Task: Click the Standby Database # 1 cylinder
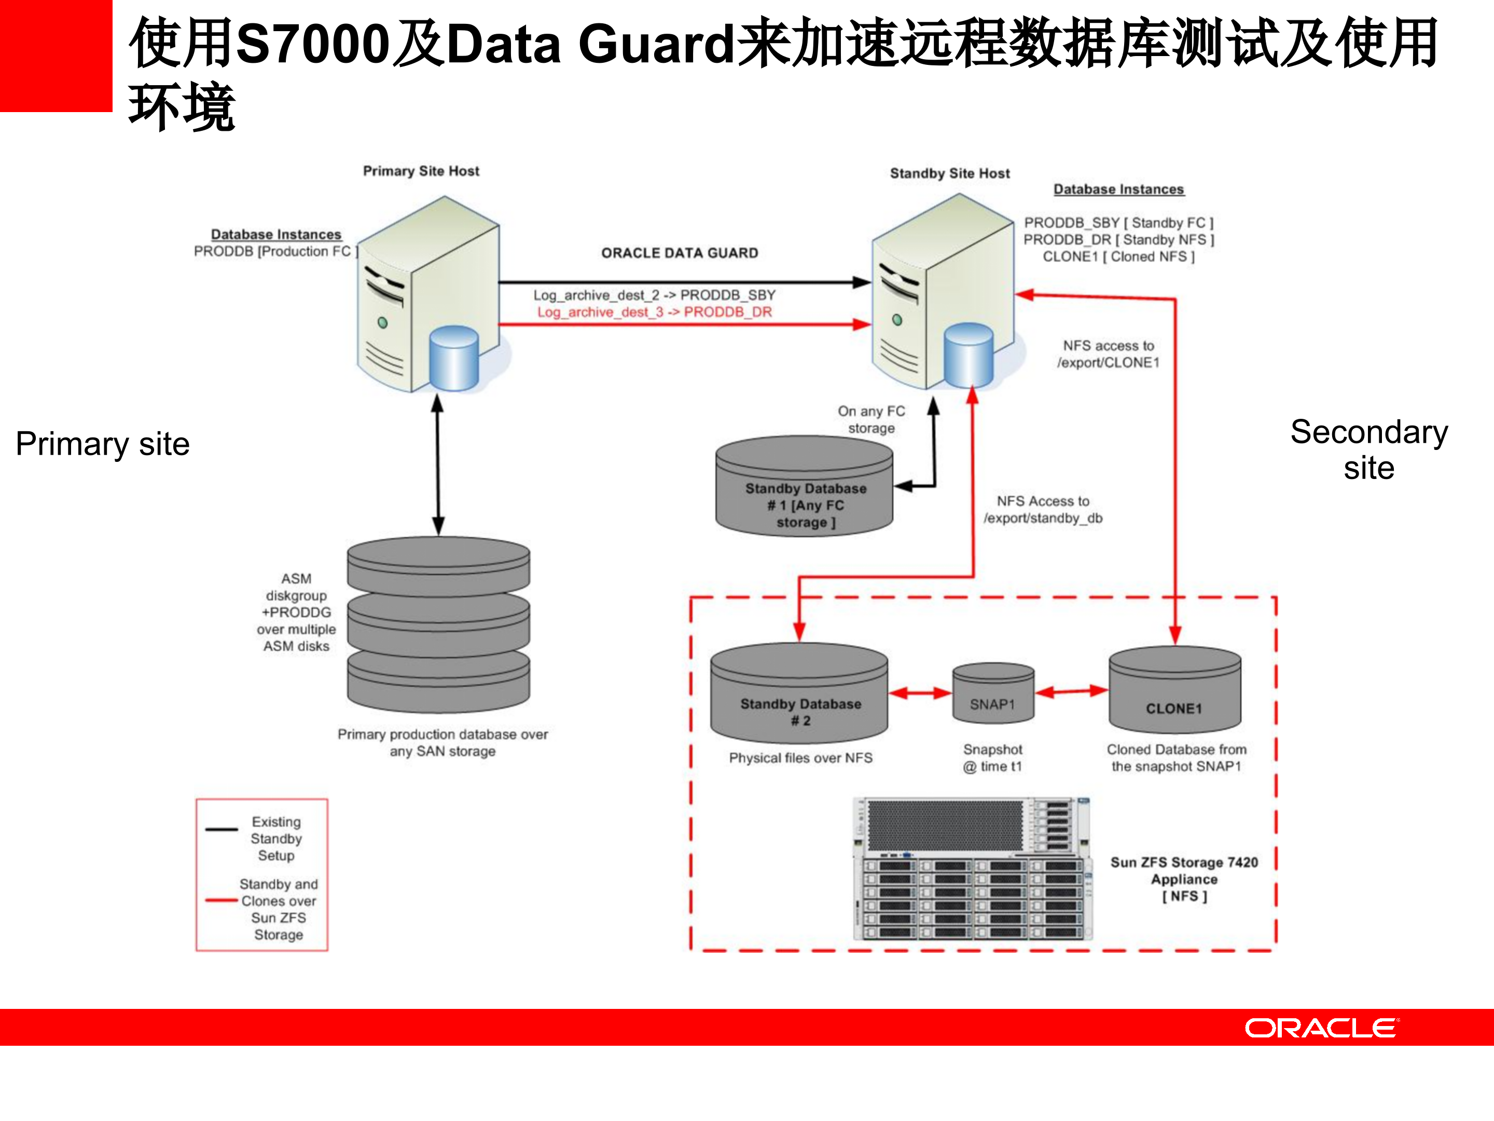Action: click(x=805, y=489)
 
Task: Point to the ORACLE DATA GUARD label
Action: click(x=680, y=253)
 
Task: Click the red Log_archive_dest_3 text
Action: click(x=654, y=312)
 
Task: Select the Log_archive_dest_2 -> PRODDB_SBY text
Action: click(x=654, y=295)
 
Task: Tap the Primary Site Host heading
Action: click(x=421, y=171)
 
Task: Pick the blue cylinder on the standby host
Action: click(x=969, y=356)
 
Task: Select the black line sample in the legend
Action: click(x=222, y=829)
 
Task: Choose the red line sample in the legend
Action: click(x=222, y=900)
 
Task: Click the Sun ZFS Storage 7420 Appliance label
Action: click(x=1183, y=879)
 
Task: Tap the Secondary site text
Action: click(x=1368, y=449)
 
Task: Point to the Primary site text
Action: click(x=103, y=444)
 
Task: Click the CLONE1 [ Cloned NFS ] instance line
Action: click(x=1118, y=257)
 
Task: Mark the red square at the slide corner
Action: click(x=56, y=56)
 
